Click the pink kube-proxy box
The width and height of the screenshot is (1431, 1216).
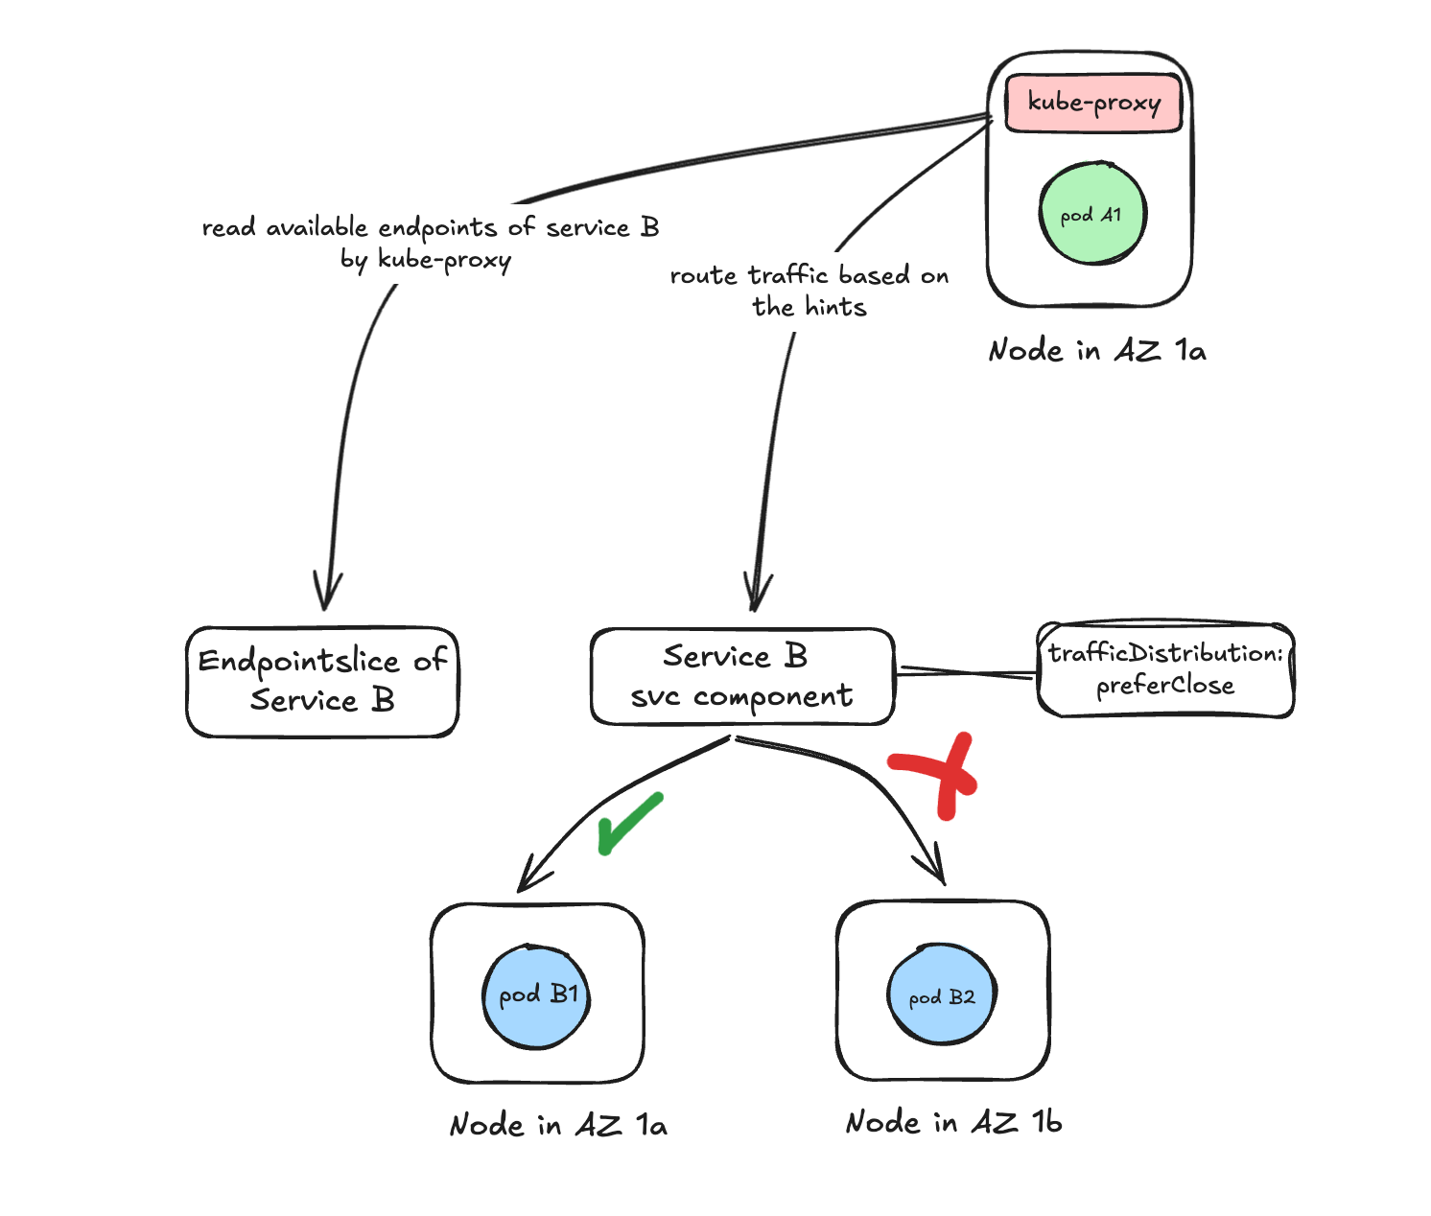(x=1092, y=103)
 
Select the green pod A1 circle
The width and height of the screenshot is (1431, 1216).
(x=1091, y=214)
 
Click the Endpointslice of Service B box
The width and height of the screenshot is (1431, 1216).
(x=322, y=682)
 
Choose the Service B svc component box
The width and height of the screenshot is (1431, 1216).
(x=741, y=677)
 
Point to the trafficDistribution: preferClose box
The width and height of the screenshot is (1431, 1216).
(x=1165, y=669)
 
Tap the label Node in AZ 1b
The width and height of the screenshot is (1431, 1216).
(x=953, y=1122)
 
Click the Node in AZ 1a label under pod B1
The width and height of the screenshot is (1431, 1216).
(x=558, y=1124)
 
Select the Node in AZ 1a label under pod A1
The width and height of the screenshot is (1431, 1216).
(x=1097, y=350)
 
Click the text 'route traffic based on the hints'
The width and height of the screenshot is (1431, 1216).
(x=809, y=291)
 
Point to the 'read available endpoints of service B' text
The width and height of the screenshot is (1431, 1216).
(x=430, y=228)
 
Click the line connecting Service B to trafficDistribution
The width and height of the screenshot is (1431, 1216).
(x=965, y=672)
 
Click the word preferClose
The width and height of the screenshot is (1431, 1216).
(x=1165, y=686)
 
